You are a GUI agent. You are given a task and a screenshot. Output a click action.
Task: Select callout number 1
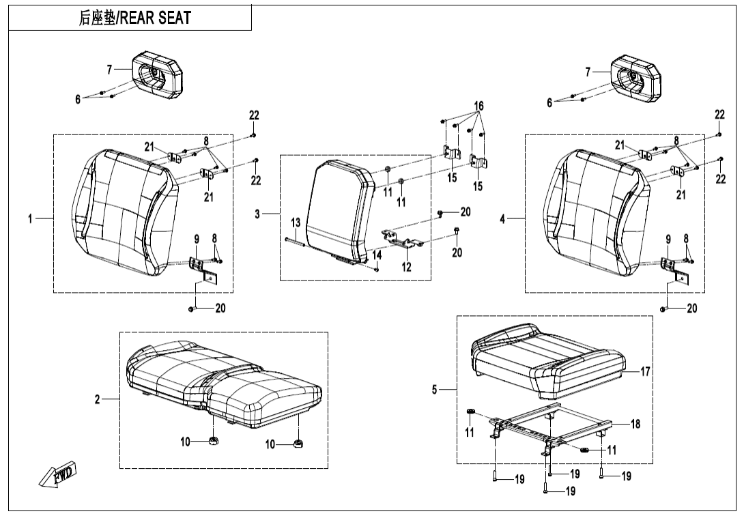click(x=30, y=218)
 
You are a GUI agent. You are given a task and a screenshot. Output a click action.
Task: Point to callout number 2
click(x=98, y=400)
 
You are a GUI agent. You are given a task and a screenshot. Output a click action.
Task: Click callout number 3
click(x=258, y=214)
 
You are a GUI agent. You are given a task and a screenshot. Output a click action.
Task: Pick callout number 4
click(x=502, y=219)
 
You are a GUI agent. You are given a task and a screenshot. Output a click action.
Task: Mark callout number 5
click(x=434, y=390)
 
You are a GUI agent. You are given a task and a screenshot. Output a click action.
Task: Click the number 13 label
click(x=296, y=223)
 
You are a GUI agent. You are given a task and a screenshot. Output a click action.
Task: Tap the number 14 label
click(x=377, y=255)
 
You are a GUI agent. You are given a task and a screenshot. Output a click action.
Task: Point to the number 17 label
click(x=645, y=371)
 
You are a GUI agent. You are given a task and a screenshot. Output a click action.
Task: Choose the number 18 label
click(x=635, y=424)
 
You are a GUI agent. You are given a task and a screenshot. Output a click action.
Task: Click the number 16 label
click(x=479, y=106)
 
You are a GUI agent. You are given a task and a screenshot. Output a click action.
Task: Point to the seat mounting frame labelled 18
click(x=546, y=430)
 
